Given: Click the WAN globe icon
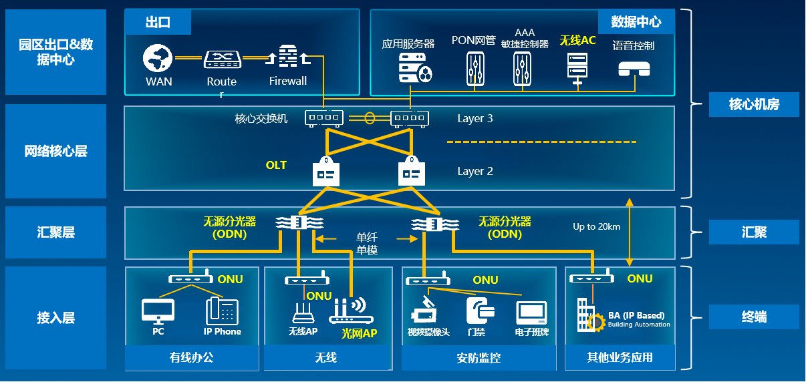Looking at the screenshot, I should tap(158, 59).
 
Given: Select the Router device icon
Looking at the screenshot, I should tap(221, 59).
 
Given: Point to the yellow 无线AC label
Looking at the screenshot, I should tap(577, 41).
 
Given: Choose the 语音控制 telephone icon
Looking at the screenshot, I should tap(634, 69).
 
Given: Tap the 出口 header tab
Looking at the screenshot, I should tap(158, 22).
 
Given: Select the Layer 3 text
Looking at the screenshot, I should tap(475, 118).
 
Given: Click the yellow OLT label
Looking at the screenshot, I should tap(276, 165).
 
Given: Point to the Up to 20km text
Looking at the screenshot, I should tap(596, 226).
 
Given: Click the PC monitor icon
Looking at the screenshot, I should tap(158, 311).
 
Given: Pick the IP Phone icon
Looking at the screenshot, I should tap(222, 311).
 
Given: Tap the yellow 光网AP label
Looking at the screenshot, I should tap(360, 333).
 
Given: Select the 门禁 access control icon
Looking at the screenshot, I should tap(479, 311).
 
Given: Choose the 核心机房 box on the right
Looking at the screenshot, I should tap(754, 104).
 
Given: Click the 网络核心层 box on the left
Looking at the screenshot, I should tap(55, 151).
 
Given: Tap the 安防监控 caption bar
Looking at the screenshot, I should tap(478, 358).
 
